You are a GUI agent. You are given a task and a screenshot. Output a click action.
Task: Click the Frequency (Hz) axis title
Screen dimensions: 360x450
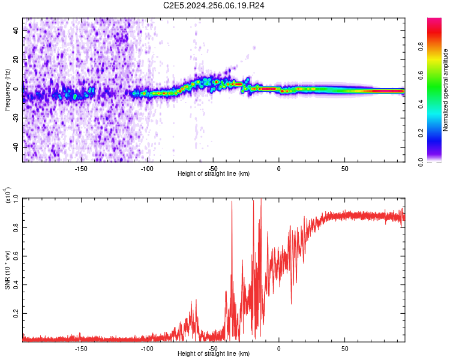7,90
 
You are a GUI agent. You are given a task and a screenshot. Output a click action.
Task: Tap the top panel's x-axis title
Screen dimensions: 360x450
214,173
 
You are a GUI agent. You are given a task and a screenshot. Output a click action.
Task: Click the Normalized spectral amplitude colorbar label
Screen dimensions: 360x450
446,90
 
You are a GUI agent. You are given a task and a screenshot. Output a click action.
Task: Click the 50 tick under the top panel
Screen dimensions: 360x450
344,169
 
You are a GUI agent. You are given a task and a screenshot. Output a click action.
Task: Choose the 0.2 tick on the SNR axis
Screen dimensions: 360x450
16,314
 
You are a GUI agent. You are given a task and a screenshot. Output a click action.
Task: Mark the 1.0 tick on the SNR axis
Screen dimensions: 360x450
16,199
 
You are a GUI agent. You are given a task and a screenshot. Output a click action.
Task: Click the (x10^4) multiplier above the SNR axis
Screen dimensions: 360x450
8,196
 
